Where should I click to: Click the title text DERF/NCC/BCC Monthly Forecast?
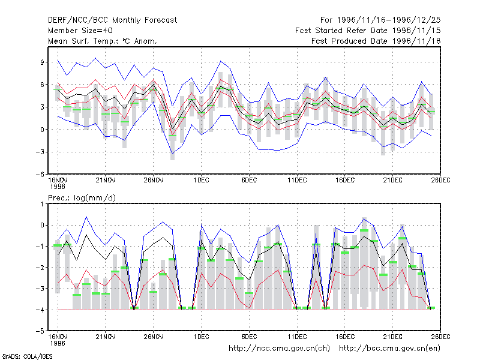point(112,20)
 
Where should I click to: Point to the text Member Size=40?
point(80,31)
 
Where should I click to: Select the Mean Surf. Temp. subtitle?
point(103,41)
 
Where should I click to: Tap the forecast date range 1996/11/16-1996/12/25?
point(380,20)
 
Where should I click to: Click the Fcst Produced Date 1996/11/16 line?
point(376,41)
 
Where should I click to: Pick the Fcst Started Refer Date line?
point(368,31)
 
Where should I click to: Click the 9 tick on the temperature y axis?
point(42,62)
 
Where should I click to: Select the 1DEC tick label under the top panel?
point(202,181)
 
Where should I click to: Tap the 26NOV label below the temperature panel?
point(154,181)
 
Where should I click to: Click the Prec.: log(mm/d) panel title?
point(82,198)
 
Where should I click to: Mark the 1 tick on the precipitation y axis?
point(42,204)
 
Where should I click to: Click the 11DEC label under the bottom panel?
point(297,337)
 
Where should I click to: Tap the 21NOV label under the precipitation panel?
point(106,337)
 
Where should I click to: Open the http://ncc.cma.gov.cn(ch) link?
point(279,349)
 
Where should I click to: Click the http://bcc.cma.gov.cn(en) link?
point(389,349)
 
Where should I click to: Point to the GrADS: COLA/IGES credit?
point(27,356)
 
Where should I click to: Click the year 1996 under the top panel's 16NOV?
point(58,187)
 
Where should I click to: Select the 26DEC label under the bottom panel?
point(440,337)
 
